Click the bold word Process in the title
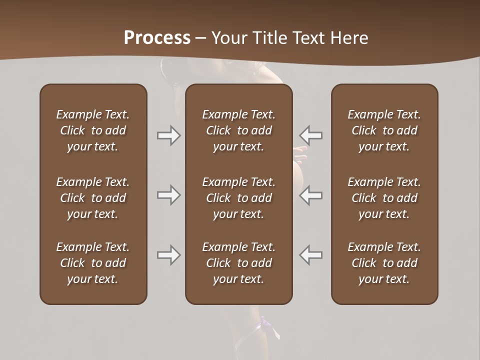click(157, 38)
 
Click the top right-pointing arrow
click(168, 135)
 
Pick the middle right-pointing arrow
click(168, 195)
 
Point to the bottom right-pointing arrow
click(168, 255)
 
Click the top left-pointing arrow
click(310, 135)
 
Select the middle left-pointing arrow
click(310, 195)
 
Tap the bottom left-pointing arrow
click(310, 255)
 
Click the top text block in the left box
click(93, 130)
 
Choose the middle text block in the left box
click(93, 198)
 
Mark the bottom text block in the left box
click(93, 263)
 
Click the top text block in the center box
click(238, 130)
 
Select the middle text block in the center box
click(238, 198)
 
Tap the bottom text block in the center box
click(238, 263)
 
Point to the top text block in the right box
click(384, 130)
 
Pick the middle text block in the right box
click(384, 198)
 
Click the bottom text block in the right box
click(384, 263)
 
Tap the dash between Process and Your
click(201, 38)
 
